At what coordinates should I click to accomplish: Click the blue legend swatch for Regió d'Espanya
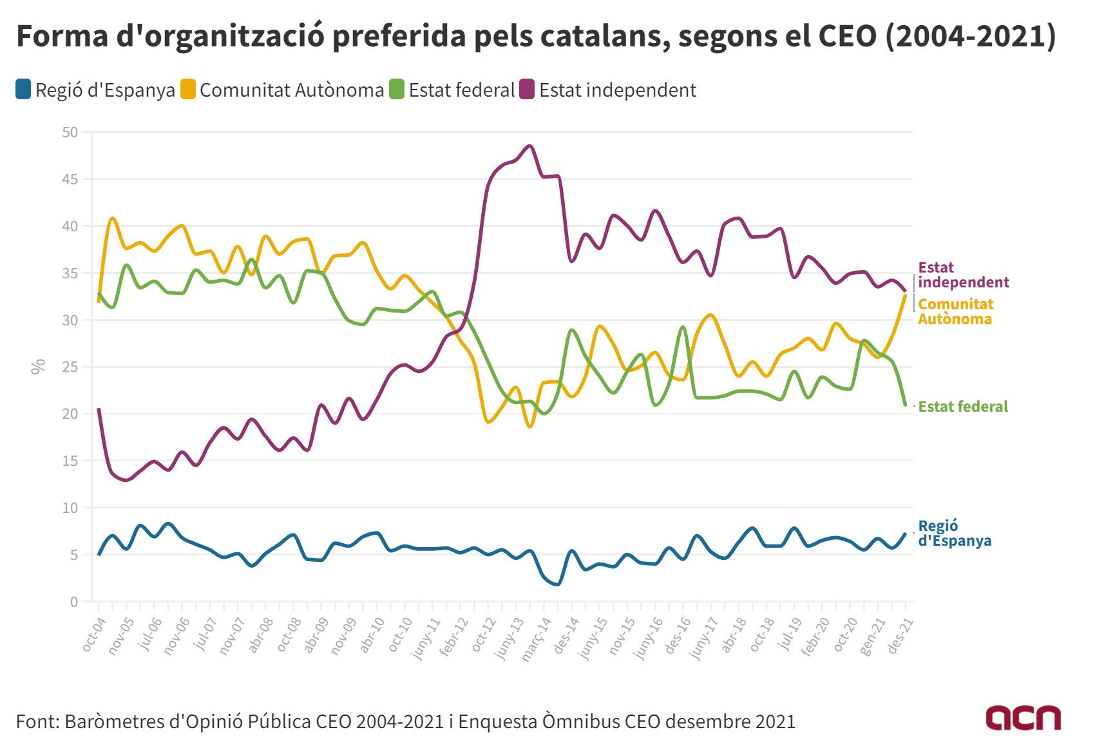(x=24, y=90)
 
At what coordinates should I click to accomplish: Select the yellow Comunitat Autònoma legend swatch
(x=187, y=90)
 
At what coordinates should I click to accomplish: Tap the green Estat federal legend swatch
(x=397, y=90)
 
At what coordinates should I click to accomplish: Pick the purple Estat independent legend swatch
(x=528, y=90)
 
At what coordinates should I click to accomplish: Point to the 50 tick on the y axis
(x=70, y=132)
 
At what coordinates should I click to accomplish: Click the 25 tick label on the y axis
(x=70, y=367)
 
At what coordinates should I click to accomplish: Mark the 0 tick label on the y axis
(x=73, y=602)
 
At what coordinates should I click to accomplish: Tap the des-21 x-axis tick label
(x=902, y=634)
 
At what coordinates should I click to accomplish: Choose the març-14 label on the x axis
(x=537, y=638)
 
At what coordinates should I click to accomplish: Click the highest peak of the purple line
(x=530, y=146)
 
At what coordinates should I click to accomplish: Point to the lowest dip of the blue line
(x=558, y=584)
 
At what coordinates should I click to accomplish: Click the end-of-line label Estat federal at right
(x=962, y=407)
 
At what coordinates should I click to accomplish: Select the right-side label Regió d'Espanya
(x=954, y=534)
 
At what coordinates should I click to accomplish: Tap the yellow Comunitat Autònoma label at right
(x=955, y=311)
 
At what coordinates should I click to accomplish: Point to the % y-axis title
(x=39, y=366)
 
